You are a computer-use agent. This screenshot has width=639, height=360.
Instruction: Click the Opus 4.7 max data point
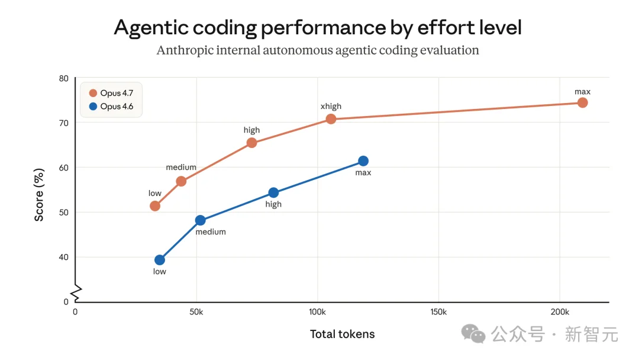click(582, 102)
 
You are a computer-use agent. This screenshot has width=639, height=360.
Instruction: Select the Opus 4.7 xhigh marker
click(331, 119)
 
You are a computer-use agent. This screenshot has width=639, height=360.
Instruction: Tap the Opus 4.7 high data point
click(251, 143)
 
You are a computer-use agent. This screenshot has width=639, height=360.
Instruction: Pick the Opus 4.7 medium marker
click(181, 181)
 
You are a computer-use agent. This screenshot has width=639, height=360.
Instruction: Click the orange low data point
click(155, 206)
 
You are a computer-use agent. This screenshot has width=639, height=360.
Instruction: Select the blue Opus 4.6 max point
click(363, 161)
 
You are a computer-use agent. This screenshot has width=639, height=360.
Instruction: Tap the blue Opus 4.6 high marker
click(273, 192)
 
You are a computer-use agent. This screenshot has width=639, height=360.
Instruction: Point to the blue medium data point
click(200, 220)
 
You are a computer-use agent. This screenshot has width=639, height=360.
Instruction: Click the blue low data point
click(160, 260)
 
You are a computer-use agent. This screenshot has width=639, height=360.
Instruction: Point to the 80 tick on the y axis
click(64, 78)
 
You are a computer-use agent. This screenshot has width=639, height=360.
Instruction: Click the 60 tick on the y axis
click(64, 168)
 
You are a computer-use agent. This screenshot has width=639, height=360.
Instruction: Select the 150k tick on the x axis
click(438, 311)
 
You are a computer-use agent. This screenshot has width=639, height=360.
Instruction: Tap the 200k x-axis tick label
click(560, 311)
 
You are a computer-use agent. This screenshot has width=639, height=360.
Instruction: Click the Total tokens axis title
click(342, 334)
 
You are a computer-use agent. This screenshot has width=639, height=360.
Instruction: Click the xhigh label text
click(331, 107)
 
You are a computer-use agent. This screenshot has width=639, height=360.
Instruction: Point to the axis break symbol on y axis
click(76, 291)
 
